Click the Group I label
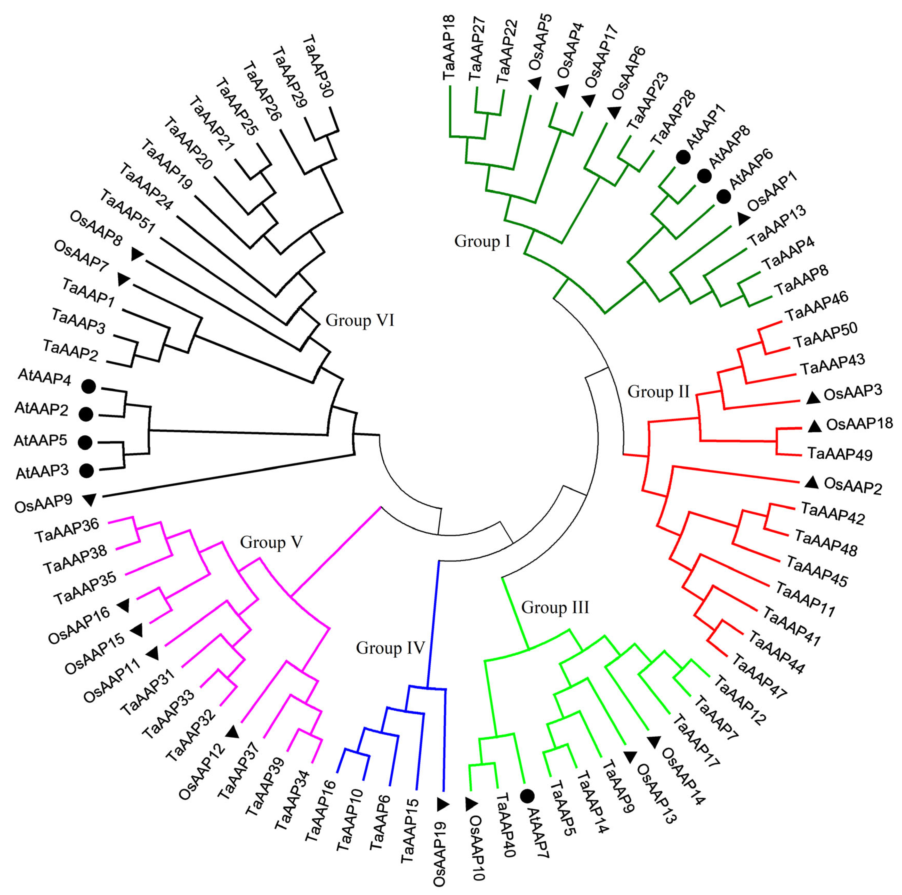point(482,241)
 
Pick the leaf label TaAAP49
point(840,454)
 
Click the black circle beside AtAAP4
point(88,386)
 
